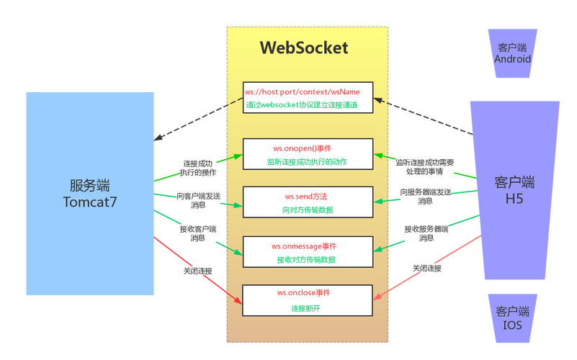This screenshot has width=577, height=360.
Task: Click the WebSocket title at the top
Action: tap(303, 48)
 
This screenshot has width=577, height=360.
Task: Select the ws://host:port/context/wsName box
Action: tap(308, 98)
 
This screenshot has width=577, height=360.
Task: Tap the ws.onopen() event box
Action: tap(308, 154)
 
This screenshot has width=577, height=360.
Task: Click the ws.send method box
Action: tap(308, 202)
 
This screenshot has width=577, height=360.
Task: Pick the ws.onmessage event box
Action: tap(308, 251)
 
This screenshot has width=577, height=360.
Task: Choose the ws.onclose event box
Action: tap(308, 300)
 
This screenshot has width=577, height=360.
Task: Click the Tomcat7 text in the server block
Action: tap(90, 202)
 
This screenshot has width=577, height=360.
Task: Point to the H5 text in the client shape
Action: tap(514, 199)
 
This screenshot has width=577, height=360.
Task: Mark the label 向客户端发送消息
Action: tap(198, 199)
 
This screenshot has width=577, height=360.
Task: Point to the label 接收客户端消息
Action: tap(197, 233)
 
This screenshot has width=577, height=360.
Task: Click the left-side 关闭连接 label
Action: tap(197, 271)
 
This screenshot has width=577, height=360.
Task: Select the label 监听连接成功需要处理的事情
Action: tap(425, 167)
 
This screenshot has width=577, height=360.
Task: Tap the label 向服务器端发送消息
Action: tap(426, 197)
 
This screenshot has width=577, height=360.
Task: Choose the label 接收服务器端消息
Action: tap(426, 233)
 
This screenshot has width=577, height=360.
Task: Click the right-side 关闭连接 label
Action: tap(426, 268)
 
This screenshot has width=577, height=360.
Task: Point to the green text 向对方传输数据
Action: tap(307, 210)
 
